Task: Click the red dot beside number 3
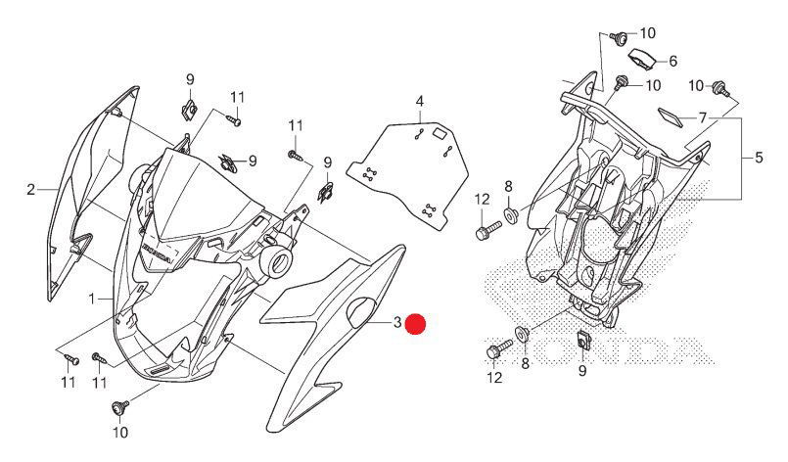416,325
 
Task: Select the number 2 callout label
30,189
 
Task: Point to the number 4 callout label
418,102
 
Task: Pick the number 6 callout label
672,61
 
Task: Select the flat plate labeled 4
410,166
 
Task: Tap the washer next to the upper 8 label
511,212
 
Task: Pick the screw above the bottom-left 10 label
122,405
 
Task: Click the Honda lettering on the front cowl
157,253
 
